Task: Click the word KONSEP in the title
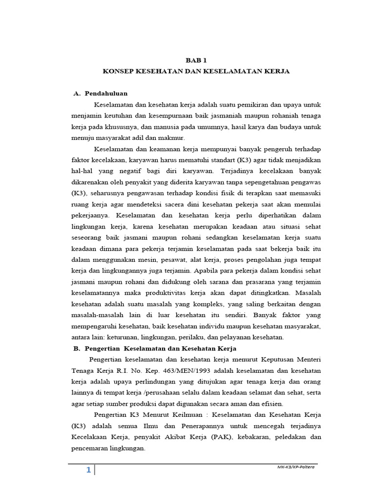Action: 118,71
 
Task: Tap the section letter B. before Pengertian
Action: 76,348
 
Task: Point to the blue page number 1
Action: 88,470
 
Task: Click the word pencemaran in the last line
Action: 91,448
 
